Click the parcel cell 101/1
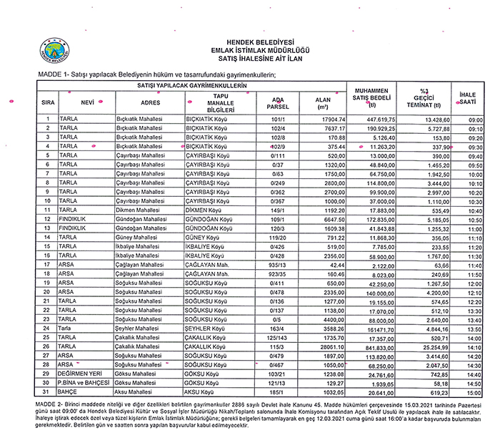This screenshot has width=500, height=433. (278, 119)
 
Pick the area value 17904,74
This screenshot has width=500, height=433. (326, 119)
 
